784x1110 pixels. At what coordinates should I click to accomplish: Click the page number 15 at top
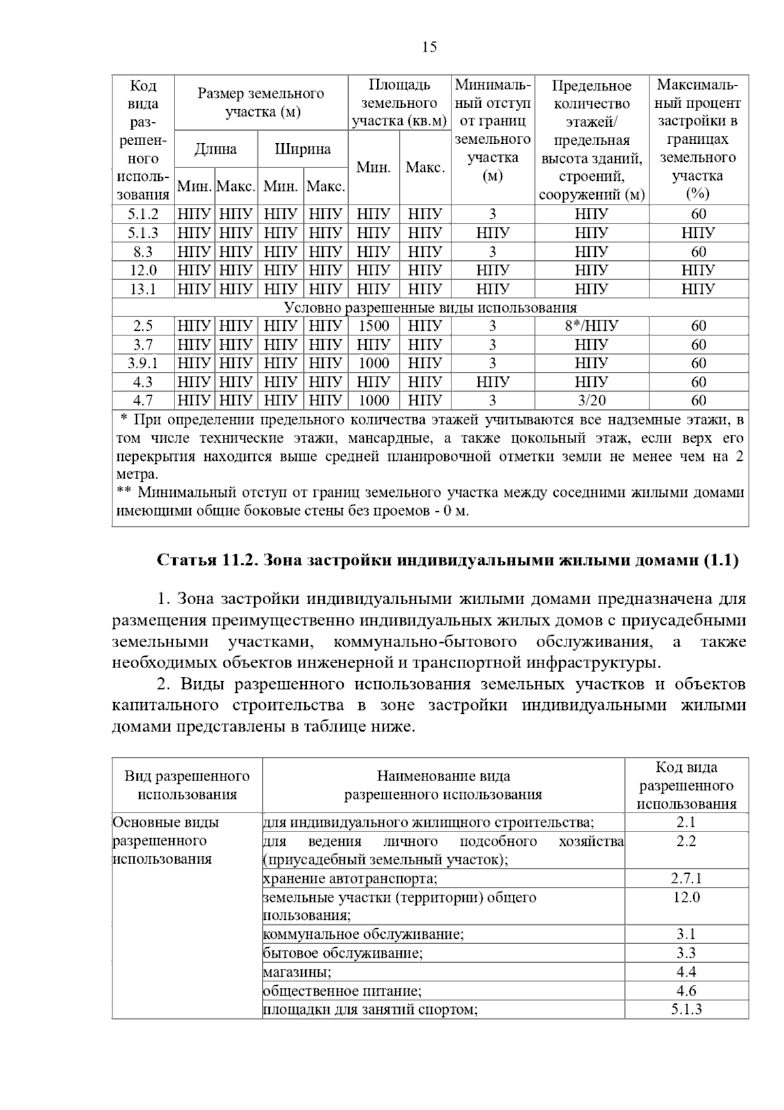429,47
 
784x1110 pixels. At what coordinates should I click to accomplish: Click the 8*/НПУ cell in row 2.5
591,326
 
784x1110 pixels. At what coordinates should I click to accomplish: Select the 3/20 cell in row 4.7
591,401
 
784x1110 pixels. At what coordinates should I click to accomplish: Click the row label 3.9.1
143,363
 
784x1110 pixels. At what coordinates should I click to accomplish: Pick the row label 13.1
143,289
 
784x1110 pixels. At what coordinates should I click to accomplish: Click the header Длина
216,149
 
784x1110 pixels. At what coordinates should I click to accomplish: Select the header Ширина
302,149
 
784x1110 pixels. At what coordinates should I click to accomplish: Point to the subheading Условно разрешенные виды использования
430,308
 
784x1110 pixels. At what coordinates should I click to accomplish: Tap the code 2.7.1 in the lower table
686,879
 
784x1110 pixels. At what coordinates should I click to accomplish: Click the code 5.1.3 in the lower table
686,1009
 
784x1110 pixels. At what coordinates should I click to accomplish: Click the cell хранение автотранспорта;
350,879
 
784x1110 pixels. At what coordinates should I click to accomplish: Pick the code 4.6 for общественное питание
686,991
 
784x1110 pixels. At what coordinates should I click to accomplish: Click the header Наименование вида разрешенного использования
443,785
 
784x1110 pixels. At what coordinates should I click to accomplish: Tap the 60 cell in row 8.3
698,252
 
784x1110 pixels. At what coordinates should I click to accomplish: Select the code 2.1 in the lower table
686,822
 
